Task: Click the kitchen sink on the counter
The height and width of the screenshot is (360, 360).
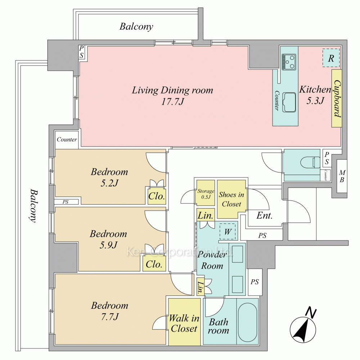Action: pos(289,102)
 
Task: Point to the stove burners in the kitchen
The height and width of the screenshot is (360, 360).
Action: pos(289,62)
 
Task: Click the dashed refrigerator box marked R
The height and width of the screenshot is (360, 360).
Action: pos(331,58)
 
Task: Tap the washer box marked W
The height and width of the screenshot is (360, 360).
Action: pos(228,231)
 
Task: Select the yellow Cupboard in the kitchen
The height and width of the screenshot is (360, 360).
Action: pos(337,98)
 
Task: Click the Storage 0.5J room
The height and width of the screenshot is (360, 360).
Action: pos(206,193)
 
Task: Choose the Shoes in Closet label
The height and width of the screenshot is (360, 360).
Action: pos(231,199)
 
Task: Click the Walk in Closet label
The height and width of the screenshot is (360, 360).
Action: pos(184,324)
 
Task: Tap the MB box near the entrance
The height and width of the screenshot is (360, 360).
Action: pos(342,176)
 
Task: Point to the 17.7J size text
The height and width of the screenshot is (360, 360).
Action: pos(173,101)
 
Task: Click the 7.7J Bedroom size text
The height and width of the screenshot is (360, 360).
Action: pos(110,317)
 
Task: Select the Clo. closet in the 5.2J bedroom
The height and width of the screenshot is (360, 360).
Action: pos(157,196)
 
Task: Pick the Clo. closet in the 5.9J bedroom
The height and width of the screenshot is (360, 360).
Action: pos(154,264)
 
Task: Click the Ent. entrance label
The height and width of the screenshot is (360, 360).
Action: pos(264,215)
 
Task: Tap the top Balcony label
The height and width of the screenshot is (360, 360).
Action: pos(136,26)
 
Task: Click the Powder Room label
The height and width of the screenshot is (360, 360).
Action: pos(212,260)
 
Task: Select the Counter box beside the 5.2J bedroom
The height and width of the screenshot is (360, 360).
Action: pos(67,140)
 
